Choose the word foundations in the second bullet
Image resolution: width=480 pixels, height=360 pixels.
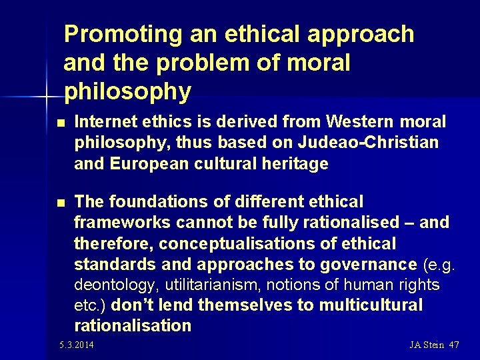pos(146,201)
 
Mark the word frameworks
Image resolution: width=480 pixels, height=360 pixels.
pos(116,222)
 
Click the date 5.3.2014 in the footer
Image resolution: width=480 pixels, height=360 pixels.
pos(76,345)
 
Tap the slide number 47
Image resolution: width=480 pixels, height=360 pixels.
pos(454,345)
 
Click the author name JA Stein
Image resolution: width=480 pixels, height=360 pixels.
pos(426,345)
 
